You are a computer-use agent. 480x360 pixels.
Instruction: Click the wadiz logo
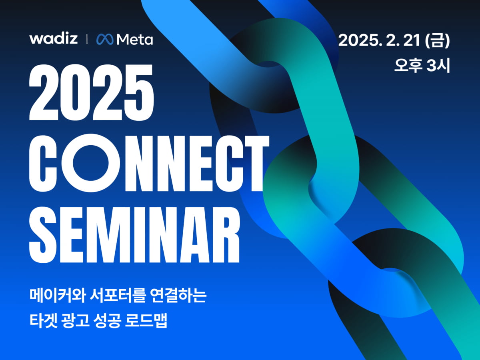click(x=53, y=39)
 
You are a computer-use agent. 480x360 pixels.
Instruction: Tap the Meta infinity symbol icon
click(x=105, y=39)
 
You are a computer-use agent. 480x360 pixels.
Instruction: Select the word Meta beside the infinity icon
click(x=134, y=40)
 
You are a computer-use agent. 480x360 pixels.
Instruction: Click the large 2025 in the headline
click(x=91, y=95)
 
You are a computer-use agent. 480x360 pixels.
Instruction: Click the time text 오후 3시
click(x=422, y=65)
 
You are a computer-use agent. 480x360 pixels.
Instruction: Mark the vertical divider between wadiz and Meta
click(x=87, y=40)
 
